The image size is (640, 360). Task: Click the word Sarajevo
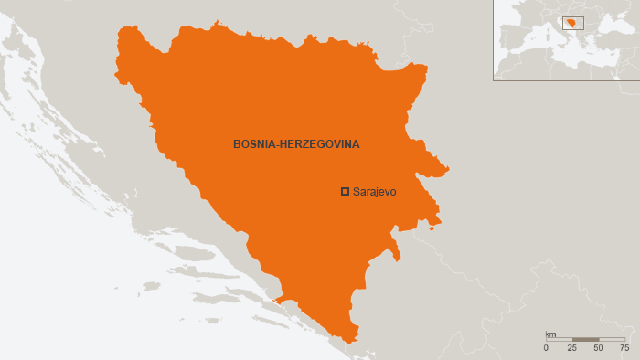coord(376,192)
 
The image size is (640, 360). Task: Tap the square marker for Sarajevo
coord(345,191)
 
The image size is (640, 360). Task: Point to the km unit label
coord(550,334)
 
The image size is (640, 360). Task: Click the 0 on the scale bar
coord(546,348)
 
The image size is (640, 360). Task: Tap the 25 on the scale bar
coord(572,348)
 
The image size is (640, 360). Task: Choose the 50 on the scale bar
coord(598,348)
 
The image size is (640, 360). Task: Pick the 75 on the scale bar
coord(624,348)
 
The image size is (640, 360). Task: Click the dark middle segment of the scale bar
coord(585,340)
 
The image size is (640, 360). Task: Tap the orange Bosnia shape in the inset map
coord(572,24)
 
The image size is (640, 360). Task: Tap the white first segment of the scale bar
coord(559,340)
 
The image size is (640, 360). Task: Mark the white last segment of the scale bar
coord(612,340)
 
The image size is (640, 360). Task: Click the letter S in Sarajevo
coord(356,192)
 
